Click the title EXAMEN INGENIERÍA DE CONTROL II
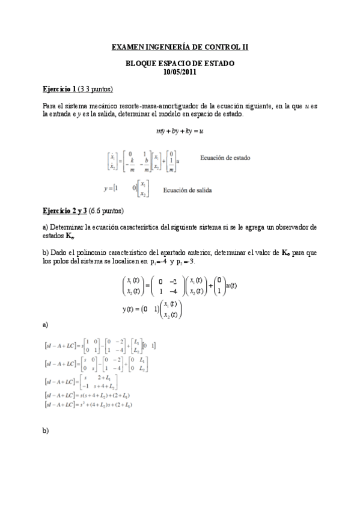tap(180, 46)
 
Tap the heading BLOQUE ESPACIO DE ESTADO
tap(180, 63)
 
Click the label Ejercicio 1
tap(59, 90)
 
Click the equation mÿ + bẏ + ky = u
tap(179, 130)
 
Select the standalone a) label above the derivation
tap(46, 325)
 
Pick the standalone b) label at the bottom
tap(46, 431)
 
